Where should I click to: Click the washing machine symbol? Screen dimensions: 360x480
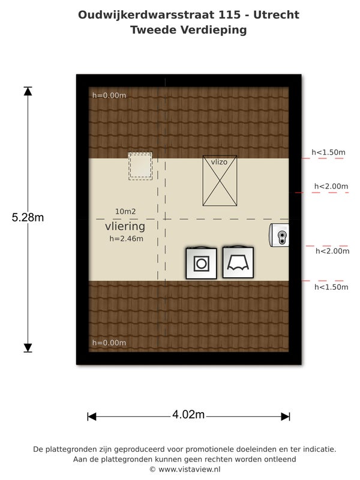point(202,263)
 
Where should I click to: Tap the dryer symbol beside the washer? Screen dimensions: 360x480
point(238,262)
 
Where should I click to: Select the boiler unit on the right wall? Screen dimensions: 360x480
point(279,235)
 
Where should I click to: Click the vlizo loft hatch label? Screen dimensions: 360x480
point(219,162)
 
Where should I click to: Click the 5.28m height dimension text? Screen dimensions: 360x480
point(28,217)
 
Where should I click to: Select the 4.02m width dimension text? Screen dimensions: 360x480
point(188,415)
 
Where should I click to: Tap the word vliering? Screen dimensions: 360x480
point(125,227)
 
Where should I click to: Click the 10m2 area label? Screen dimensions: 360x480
point(125,212)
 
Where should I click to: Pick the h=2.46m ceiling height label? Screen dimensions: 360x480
point(126,239)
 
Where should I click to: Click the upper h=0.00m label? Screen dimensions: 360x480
point(109,95)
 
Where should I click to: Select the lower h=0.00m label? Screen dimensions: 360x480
point(109,343)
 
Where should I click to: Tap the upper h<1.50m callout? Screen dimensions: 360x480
point(328,152)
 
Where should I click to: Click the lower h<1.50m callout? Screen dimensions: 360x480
point(331,287)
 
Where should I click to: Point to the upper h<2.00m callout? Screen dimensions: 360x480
point(331,187)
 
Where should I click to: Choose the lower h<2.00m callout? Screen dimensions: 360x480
point(332,251)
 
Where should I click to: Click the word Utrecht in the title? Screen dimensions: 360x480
point(276,14)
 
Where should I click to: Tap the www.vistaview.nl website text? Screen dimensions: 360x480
point(189,469)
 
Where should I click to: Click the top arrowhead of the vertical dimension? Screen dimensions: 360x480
point(28,91)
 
